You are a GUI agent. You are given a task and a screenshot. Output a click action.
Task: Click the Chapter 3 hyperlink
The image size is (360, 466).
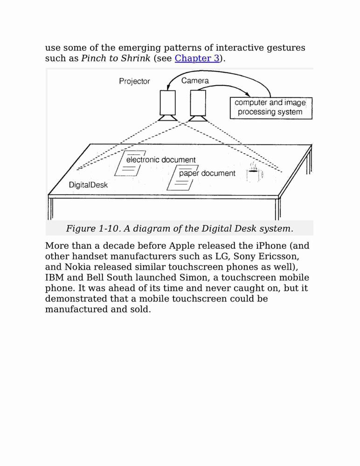(x=197, y=58)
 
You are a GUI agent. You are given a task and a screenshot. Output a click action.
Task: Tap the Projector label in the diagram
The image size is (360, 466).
(x=134, y=82)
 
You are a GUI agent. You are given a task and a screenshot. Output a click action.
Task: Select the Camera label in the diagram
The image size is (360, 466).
(x=195, y=81)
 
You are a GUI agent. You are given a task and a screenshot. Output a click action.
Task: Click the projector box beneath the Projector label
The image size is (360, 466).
(x=167, y=103)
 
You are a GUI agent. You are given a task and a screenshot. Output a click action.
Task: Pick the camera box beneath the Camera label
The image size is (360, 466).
(x=198, y=103)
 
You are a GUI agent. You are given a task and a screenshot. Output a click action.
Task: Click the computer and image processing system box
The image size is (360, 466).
(x=271, y=108)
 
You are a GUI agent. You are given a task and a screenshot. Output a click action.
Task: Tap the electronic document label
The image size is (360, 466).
(x=161, y=159)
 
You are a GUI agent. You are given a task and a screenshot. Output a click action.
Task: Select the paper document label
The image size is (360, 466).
(x=207, y=173)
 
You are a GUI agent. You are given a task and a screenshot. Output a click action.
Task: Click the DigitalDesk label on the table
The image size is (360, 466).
(x=88, y=185)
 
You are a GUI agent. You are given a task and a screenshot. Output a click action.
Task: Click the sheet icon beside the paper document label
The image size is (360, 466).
(x=182, y=178)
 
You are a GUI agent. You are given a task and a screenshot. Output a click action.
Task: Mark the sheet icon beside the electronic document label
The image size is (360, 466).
(x=130, y=164)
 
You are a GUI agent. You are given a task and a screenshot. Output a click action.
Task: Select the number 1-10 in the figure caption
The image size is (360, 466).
(x=110, y=228)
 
